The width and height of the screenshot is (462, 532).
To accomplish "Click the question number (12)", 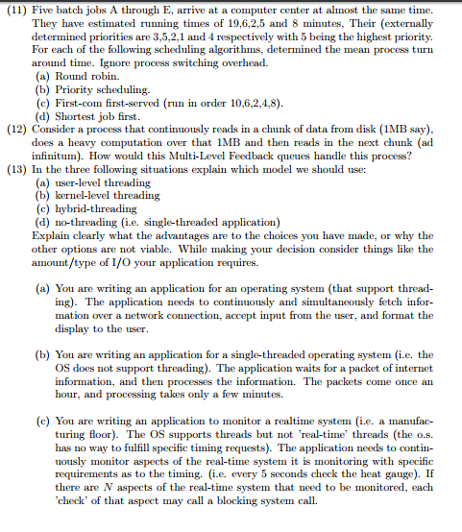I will click(x=17, y=128).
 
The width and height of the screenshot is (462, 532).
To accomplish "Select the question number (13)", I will click(x=17, y=168).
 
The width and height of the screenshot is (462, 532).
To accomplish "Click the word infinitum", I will click(x=59, y=155).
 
